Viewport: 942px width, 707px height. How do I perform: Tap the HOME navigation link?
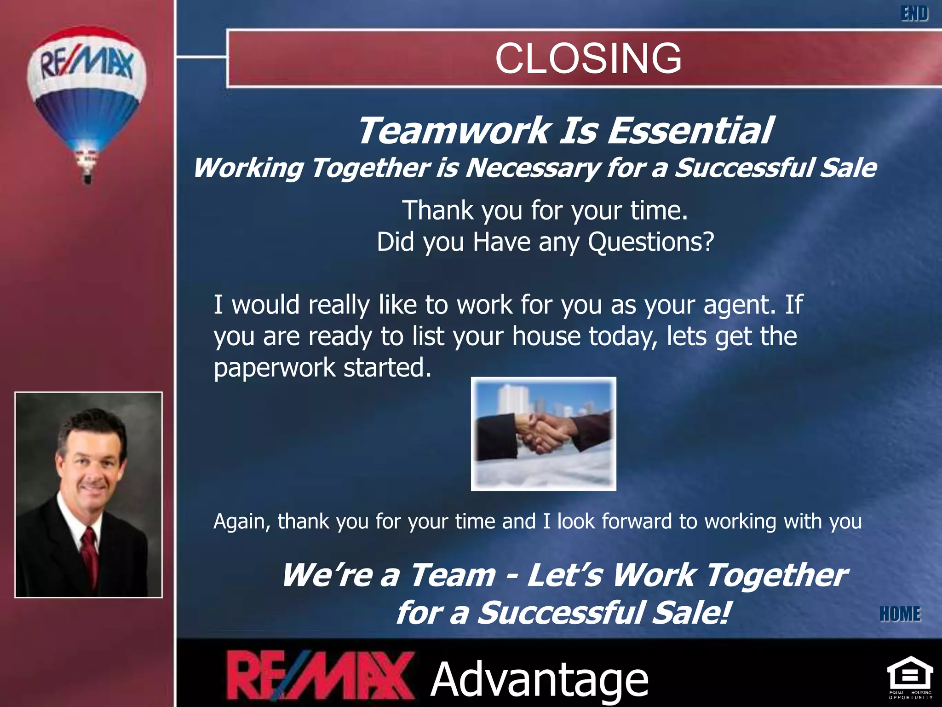900,614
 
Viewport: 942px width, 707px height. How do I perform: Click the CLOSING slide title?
588,58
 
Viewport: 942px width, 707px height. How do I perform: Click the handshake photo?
543,434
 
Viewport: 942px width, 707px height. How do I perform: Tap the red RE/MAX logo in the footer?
320,677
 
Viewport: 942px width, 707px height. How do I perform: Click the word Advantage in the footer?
539,679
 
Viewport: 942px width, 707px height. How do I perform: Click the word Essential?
689,131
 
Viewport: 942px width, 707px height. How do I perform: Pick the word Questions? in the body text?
651,242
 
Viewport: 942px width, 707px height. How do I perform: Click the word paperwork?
275,368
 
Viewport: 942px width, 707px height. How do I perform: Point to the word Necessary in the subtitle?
532,168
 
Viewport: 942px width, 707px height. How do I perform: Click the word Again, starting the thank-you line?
242,522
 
